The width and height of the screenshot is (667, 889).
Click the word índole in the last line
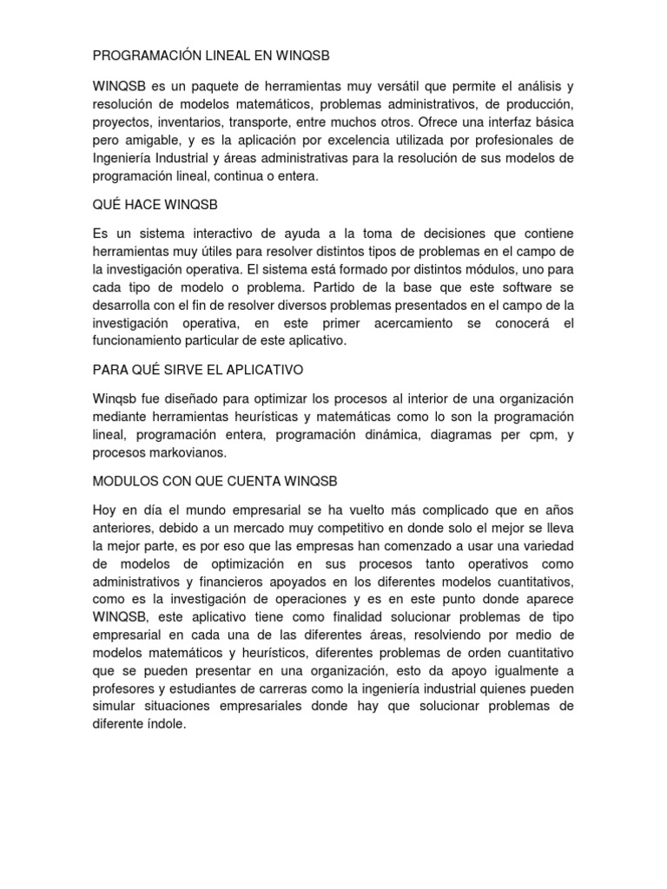(x=168, y=723)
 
